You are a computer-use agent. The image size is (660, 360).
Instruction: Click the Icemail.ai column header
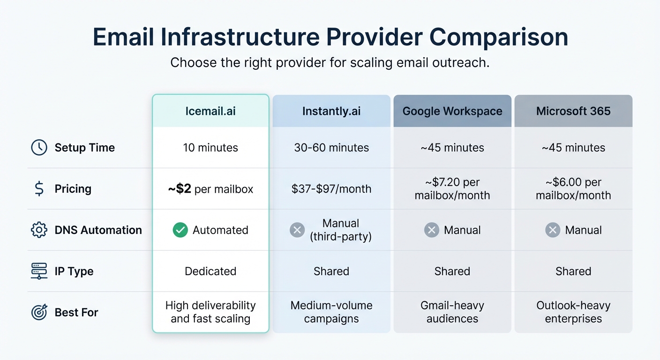coord(210,111)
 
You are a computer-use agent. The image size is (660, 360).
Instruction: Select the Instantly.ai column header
coord(331,111)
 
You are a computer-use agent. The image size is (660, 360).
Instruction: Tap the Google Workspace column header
coord(452,111)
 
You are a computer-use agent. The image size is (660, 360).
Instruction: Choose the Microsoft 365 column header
coord(573,111)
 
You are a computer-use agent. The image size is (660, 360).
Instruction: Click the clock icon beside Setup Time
coord(39,148)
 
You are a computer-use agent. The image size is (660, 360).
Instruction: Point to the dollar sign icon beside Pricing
coord(39,189)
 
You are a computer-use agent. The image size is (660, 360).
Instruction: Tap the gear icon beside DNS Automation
coord(39,230)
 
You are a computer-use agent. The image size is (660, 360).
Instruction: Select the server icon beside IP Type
coord(39,271)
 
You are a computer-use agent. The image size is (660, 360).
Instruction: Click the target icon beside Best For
coord(39,313)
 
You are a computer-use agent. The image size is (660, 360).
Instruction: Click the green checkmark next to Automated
coord(180,230)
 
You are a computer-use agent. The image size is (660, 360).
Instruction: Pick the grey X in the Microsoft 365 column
coord(553,230)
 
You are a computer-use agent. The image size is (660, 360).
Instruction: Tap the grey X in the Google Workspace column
coord(431,230)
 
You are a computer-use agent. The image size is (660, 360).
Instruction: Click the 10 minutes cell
coord(210,148)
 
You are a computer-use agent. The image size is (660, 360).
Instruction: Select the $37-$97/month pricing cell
coord(331,189)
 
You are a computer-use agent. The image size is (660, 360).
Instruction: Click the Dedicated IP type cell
coord(210,271)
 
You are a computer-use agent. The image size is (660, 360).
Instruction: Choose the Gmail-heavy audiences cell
coord(452,312)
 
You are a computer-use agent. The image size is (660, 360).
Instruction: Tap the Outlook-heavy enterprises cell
coord(573,312)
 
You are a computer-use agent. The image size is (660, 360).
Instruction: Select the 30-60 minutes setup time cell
coord(331,148)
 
